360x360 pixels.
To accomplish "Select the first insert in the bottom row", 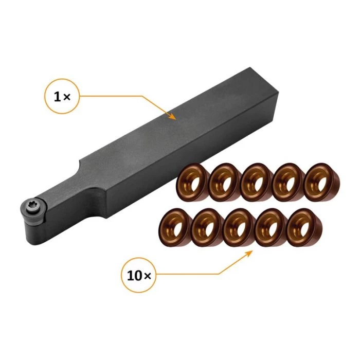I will [x=173, y=228].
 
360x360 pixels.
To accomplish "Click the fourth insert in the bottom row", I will [x=269, y=226].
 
